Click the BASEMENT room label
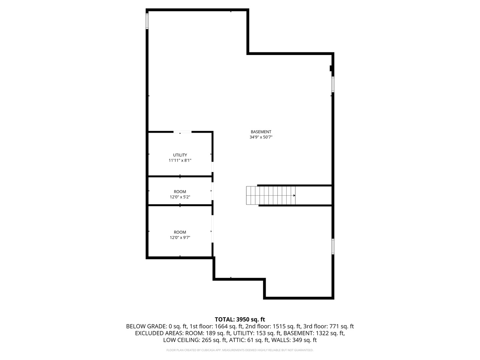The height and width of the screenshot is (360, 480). (x=261, y=132)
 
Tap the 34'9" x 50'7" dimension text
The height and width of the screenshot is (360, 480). (x=261, y=137)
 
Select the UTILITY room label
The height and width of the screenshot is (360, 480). (x=180, y=155)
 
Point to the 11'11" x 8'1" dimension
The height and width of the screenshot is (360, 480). (x=180, y=160)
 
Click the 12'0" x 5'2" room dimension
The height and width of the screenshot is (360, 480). (x=180, y=197)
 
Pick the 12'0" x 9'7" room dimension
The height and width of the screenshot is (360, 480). (x=180, y=238)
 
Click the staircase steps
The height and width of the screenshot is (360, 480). (x=270, y=195)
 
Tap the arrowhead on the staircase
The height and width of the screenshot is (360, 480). (x=294, y=195)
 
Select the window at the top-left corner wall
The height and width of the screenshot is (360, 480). (x=147, y=21)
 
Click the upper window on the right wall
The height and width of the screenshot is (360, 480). (x=333, y=84)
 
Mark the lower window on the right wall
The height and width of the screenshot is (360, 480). (x=333, y=246)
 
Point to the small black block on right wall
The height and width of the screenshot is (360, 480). (x=331, y=68)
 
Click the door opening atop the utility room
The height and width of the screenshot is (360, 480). (x=182, y=132)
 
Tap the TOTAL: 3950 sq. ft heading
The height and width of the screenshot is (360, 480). (x=240, y=319)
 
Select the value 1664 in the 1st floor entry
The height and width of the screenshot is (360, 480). (x=221, y=327)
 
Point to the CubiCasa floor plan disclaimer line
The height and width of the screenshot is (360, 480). (x=240, y=350)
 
